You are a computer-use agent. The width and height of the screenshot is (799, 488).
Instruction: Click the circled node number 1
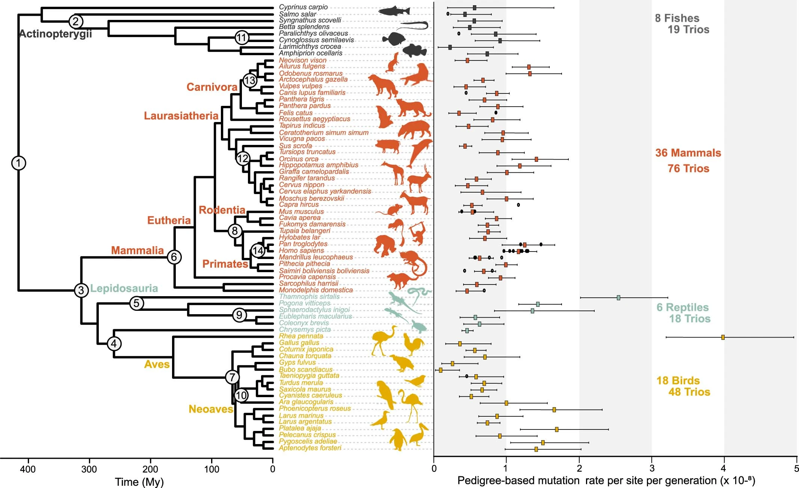click(x=18, y=163)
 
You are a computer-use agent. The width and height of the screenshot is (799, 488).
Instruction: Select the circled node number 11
click(x=242, y=38)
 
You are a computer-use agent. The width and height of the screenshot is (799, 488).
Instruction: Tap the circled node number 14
click(x=258, y=250)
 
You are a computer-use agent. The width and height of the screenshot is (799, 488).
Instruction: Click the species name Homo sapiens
click(x=301, y=250)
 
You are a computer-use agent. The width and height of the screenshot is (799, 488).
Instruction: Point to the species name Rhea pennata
click(x=301, y=336)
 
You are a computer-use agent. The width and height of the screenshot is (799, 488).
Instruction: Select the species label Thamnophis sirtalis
click(x=309, y=297)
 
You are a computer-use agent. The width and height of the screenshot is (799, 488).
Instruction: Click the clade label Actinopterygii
click(x=56, y=34)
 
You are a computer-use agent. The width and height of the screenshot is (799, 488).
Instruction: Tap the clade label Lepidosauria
click(x=124, y=288)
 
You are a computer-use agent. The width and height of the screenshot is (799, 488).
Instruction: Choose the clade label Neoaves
click(x=211, y=409)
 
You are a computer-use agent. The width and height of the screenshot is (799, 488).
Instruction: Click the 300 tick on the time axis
click(x=89, y=469)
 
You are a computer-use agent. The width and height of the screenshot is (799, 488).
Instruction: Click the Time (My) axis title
click(x=139, y=482)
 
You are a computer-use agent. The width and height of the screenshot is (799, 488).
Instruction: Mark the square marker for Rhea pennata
click(x=723, y=337)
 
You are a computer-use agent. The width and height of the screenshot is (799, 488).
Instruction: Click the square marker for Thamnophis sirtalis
click(x=618, y=298)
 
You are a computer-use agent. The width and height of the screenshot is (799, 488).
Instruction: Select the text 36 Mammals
click(x=688, y=153)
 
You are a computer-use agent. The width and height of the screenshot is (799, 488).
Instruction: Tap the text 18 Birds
click(x=678, y=380)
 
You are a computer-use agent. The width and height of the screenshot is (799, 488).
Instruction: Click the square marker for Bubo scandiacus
click(x=441, y=370)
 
